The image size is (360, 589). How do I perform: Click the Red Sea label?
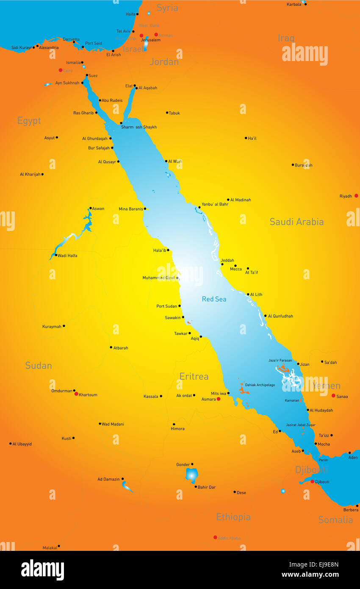click(214, 299)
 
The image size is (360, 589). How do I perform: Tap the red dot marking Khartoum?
click(76, 394)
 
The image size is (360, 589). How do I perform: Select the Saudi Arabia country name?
click(296, 222)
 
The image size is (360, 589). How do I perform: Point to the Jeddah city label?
click(227, 261)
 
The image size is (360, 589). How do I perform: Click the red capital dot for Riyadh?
click(356, 196)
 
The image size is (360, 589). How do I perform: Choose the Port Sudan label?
click(166, 306)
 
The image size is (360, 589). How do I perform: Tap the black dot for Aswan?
click(90, 208)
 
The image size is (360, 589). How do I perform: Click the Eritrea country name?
click(194, 376)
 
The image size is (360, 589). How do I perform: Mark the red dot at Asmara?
click(219, 399)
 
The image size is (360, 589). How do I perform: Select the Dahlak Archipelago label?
click(260, 385)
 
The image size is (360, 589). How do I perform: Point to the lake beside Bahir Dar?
click(191, 475)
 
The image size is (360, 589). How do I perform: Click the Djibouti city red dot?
click(312, 481)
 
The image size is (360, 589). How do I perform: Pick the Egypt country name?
click(29, 121)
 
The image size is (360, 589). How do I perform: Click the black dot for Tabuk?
click(167, 113)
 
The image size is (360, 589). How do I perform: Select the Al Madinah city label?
click(241, 200)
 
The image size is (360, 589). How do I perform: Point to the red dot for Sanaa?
click(333, 395)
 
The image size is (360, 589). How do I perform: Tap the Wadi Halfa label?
click(67, 256)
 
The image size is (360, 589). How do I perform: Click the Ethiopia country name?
click(233, 517)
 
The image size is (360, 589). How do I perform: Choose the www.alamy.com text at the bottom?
click(310, 575)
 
